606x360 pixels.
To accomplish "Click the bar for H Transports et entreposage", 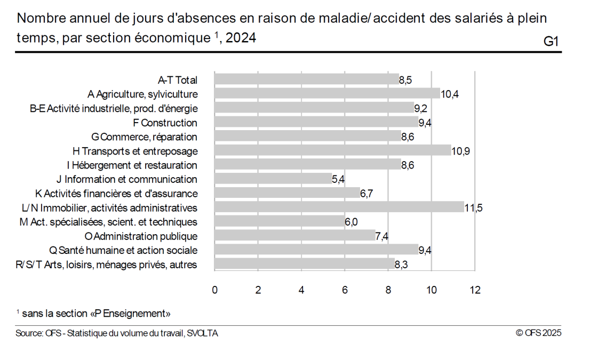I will click(x=333, y=151).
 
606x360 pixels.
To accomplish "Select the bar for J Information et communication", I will click(x=273, y=179).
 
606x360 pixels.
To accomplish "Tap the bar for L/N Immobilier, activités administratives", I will click(x=339, y=207).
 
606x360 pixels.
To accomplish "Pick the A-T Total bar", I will click(x=307, y=80).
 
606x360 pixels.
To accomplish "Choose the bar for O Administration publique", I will click(x=295, y=236).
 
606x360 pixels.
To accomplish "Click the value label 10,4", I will click(x=450, y=94).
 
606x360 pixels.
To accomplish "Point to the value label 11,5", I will click(x=473, y=208).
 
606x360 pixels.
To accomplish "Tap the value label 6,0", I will click(x=351, y=222).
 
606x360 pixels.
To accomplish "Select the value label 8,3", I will click(x=401, y=265).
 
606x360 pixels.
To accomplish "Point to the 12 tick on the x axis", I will click(x=475, y=290).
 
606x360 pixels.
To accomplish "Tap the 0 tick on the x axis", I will click(x=215, y=290).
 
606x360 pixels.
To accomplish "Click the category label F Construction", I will click(x=165, y=123).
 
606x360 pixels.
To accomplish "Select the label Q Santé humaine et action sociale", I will click(x=123, y=250).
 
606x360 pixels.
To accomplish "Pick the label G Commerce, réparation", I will click(x=145, y=137).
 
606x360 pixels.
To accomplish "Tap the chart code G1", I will click(x=551, y=42).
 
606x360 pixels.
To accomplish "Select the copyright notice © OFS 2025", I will click(x=539, y=333).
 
